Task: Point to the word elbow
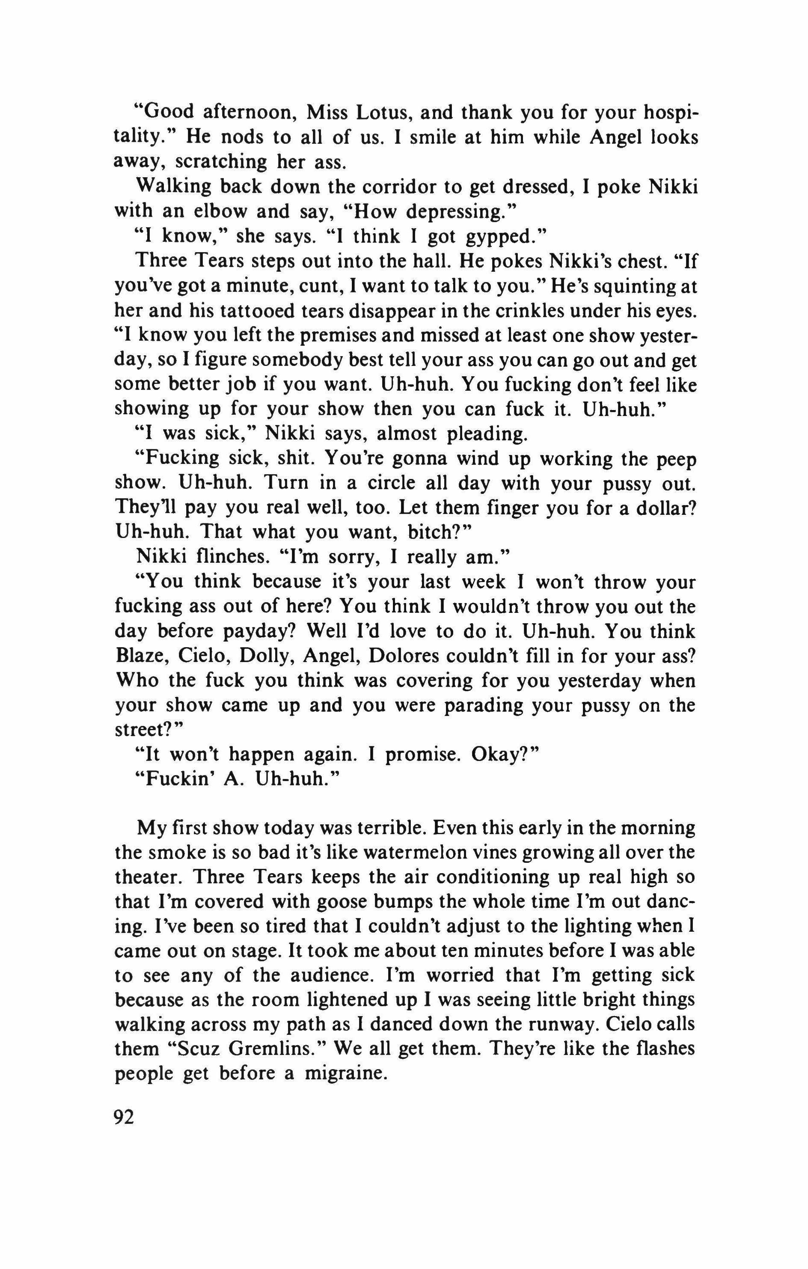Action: [216, 211]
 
